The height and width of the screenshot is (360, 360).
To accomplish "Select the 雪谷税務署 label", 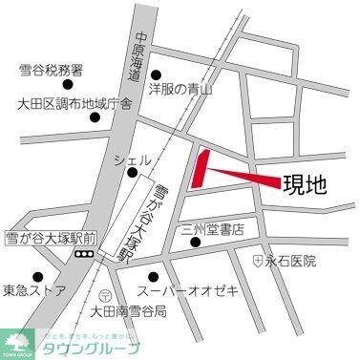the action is [x=51, y=71].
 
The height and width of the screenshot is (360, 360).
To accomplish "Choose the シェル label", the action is [x=130, y=159].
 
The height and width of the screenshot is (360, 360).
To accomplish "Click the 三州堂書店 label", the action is [x=213, y=229].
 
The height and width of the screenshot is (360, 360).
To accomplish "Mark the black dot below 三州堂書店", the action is [x=196, y=242].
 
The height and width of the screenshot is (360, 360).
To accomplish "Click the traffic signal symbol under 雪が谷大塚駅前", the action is [x=84, y=254].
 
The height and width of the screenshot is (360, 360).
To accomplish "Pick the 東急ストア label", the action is [x=33, y=290].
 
